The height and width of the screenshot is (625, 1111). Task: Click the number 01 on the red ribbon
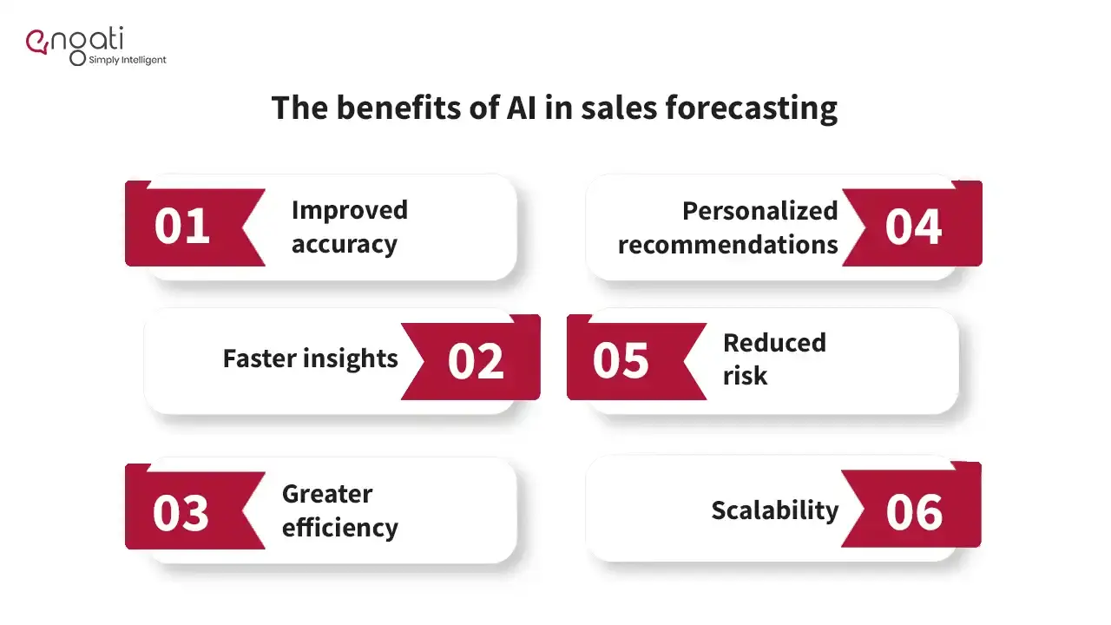(x=182, y=227)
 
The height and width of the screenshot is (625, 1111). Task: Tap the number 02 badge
(x=476, y=360)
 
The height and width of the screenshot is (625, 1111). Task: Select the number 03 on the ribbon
(x=181, y=513)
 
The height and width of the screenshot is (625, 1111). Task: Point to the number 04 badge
(x=913, y=227)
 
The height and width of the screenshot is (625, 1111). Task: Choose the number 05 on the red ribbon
(x=621, y=360)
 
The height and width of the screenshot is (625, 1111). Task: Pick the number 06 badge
(x=914, y=512)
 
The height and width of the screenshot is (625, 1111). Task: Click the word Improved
(x=350, y=211)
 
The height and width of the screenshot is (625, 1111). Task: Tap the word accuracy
(x=345, y=244)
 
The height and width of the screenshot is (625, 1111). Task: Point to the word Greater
(x=327, y=494)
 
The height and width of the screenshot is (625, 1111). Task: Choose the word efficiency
(x=340, y=527)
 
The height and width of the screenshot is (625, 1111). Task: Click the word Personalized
(x=759, y=211)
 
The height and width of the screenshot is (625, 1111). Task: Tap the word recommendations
(x=727, y=245)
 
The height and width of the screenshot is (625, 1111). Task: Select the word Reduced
(x=775, y=342)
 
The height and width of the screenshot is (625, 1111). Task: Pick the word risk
(x=745, y=375)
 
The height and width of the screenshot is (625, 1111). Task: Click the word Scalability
(x=775, y=510)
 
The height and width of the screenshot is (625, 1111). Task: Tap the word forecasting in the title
(x=752, y=109)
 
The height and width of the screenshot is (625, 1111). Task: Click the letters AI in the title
(x=522, y=108)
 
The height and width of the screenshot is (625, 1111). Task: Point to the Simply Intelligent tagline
(x=128, y=60)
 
